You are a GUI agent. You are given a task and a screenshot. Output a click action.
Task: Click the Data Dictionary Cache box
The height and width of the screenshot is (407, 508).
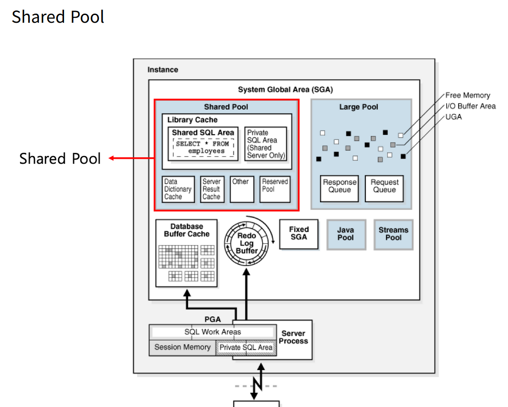pyautogui.click(x=178, y=189)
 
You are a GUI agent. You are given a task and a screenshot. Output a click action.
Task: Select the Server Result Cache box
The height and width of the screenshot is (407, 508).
pyautogui.click(x=212, y=189)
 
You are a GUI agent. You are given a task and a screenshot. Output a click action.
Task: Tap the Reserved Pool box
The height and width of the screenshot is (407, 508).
pyautogui.click(x=275, y=189)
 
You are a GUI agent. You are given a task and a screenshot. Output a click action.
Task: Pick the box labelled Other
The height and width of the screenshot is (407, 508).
pyautogui.click(x=242, y=189)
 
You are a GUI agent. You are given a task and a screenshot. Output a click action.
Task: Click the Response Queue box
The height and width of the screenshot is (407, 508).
pyautogui.click(x=340, y=189)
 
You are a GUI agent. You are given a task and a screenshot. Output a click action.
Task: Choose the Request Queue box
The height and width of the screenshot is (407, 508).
pyautogui.click(x=384, y=189)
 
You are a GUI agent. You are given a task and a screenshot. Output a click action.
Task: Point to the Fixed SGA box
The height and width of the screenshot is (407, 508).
pyautogui.click(x=299, y=234)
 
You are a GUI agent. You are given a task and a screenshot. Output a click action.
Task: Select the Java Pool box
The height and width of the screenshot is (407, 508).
pyautogui.click(x=346, y=234)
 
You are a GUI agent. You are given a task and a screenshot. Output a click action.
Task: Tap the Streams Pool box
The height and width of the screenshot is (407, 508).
pyautogui.click(x=393, y=234)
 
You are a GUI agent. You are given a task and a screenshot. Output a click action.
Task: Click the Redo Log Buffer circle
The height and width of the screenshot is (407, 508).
pyautogui.click(x=247, y=243)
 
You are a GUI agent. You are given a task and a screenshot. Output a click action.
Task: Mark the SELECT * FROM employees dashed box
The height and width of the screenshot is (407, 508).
pyautogui.click(x=203, y=148)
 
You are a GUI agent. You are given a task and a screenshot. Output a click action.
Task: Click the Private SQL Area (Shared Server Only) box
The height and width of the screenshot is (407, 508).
pyautogui.click(x=266, y=144)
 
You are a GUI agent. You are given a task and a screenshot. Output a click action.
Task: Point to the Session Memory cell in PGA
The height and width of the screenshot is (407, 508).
pyautogui.click(x=182, y=347)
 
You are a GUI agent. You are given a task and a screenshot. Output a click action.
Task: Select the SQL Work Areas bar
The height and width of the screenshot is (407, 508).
pyautogui.click(x=213, y=332)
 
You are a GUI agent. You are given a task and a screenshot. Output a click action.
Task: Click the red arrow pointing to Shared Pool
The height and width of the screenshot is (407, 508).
pyautogui.click(x=131, y=158)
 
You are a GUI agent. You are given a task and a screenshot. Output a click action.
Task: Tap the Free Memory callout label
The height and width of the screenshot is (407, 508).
pyautogui.click(x=468, y=95)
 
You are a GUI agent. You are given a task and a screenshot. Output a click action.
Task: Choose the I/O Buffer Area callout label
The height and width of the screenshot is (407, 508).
pyautogui.click(x=470, y=106)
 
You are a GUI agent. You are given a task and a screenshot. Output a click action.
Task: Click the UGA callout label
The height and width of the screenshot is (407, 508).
pyautogui.click(x=454, y=117)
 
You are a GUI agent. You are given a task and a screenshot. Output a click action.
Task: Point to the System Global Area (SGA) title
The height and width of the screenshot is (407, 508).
pyautogui.click(x=286, y=90)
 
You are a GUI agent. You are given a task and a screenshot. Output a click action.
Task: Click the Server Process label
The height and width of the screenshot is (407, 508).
pyautogui.click(x=294, y=337)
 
